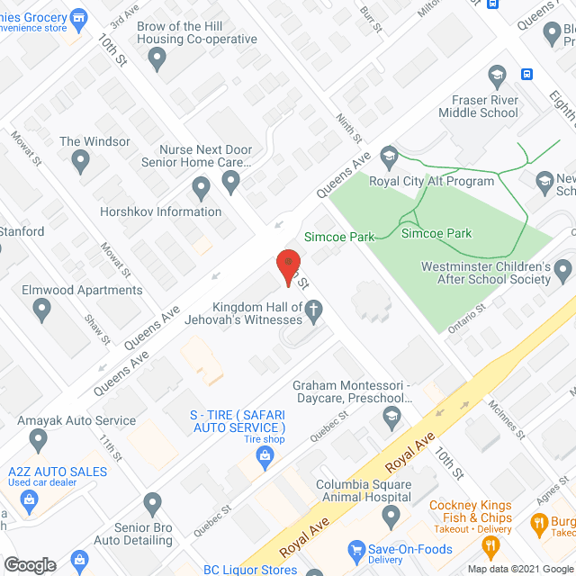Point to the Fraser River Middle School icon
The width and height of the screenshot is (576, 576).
coord(496,75)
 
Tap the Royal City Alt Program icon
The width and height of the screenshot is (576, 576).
coord(389,155)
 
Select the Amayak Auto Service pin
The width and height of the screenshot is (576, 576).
coord(38,440)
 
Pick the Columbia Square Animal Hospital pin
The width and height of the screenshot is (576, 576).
coord(391,517)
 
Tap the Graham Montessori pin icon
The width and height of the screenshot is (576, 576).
coord(391,416)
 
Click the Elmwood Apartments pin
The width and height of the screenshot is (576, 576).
coord(41,310)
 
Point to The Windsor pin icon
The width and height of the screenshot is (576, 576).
coord(80,162)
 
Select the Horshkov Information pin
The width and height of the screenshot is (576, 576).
coord(201,189)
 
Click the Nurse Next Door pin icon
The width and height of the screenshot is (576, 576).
coord(231,183)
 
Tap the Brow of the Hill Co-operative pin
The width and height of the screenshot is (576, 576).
coord(158,61)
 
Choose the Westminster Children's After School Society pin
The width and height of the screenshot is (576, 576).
coord(563,269)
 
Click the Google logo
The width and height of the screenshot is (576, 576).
coord(30,565)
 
